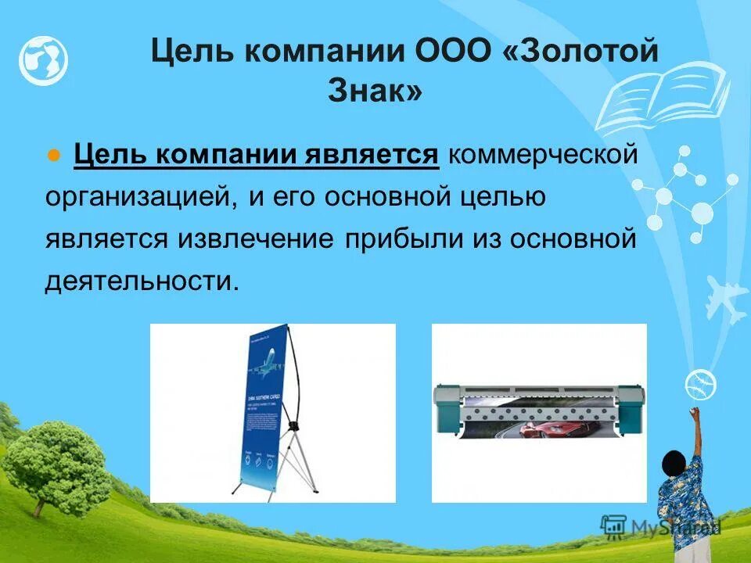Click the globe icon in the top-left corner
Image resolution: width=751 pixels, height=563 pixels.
pos(44,60)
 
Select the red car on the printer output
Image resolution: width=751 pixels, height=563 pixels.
pos(540,430)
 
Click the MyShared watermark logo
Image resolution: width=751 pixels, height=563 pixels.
pos(661,527)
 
